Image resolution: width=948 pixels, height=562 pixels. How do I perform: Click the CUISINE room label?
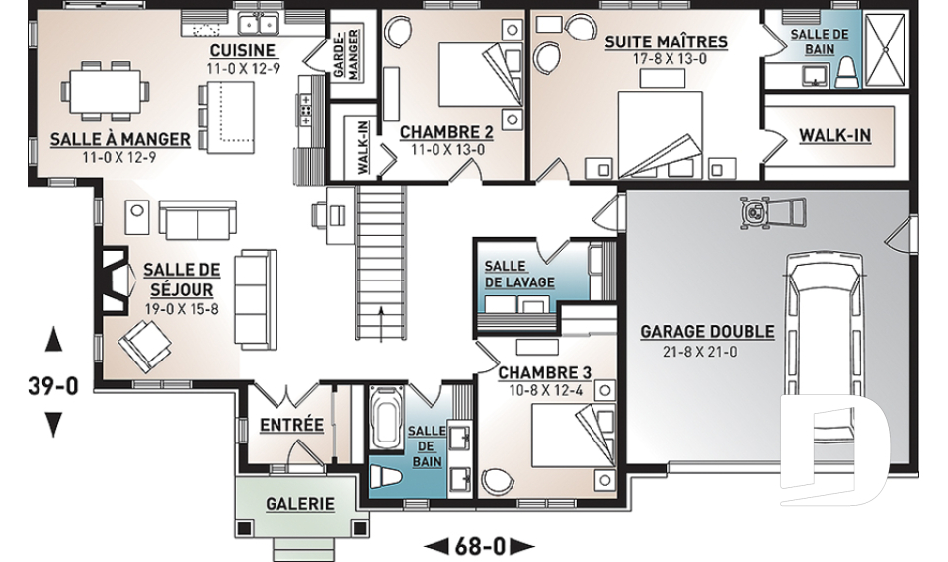243,50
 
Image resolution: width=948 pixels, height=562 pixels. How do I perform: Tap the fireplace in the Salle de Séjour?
115,281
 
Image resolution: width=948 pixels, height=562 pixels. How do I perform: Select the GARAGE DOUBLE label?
707,332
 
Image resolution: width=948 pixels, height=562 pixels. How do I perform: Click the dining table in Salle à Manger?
105,91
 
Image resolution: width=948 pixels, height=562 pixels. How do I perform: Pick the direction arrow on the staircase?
381,324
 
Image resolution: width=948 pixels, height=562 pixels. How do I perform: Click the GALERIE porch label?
300,504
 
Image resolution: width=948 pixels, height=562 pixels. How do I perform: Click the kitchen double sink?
258,24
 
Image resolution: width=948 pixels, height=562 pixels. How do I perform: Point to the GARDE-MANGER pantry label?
346,53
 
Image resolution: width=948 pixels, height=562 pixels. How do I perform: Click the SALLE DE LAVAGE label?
519,274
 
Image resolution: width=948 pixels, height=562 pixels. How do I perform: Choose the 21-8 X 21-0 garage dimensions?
700,351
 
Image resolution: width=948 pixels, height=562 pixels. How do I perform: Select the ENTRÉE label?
291,425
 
